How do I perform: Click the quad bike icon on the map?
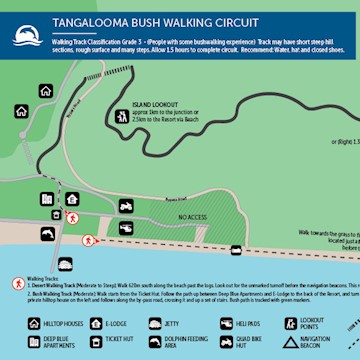(236, 250)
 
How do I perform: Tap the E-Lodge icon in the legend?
(96, 323)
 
